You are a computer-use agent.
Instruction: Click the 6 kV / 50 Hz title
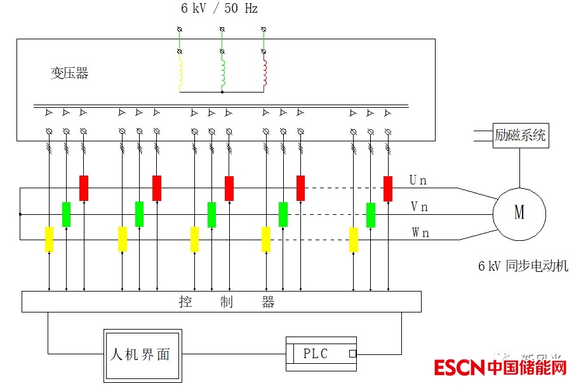tap(219, 9)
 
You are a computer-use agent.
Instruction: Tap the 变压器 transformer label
tap(69, 74)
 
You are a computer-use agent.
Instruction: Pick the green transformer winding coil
tap(222, 72)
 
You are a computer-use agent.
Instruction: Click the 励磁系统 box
tap(520, 135)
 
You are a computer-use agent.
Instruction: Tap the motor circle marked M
tap(519, 213)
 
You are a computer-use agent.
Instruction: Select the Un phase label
tap(418, 181)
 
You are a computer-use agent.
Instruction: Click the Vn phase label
tap(419, 207)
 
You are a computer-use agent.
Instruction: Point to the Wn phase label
tap(420, 233)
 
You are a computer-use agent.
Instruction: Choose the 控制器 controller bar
tap(221, 302)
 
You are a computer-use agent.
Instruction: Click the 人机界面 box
tap(142, 354)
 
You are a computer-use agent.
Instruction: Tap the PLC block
tap(321, 354)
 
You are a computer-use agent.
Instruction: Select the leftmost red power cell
tap(83, 188)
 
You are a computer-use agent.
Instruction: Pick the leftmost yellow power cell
tap(49, 240)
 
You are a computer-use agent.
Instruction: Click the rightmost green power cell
tap(371, 214)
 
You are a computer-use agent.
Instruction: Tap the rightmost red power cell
tap(388, 188)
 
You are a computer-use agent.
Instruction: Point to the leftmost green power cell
tap(66, 214)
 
